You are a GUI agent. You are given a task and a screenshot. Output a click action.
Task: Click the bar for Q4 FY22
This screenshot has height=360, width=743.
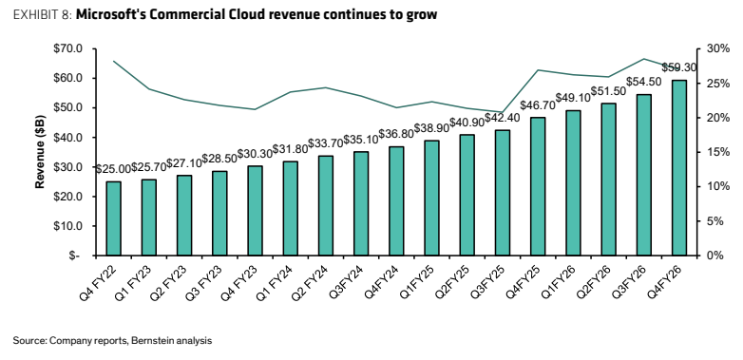click(113, 218)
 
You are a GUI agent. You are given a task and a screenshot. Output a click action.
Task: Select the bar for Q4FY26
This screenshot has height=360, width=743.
click(679, 168)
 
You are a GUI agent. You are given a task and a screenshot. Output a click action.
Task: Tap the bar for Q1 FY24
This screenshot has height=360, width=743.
click(290, 208)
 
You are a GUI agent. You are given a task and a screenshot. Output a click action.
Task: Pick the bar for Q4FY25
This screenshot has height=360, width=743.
click(538, 186)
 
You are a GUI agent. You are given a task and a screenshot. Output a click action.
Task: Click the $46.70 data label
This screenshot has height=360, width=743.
click(538, 105)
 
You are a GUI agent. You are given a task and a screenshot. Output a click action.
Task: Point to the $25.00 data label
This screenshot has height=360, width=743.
click(113, 169)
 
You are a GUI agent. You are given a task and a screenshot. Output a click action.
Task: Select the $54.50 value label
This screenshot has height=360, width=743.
click(644, 82)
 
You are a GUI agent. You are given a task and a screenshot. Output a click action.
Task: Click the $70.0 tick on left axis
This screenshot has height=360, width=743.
click(69, 48)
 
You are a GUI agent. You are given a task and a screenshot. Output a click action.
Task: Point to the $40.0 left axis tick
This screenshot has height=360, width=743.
click(69, 138)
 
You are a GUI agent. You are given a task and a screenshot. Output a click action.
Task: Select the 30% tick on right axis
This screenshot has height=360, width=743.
click(717, 48)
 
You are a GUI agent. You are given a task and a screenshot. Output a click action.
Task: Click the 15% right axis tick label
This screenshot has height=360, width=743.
click(717, 152)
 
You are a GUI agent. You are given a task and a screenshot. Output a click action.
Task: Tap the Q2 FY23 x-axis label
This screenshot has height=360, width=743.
click(168, 282)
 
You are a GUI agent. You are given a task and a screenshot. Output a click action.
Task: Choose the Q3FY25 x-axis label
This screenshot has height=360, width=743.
click(488, 281)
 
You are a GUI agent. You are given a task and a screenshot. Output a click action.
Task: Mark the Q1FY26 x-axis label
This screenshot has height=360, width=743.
click(559, 281)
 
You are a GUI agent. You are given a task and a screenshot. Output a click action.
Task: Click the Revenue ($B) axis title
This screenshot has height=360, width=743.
click(40, 152)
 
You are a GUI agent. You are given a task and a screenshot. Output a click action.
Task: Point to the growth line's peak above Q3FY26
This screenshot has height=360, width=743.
click(644, 59)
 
